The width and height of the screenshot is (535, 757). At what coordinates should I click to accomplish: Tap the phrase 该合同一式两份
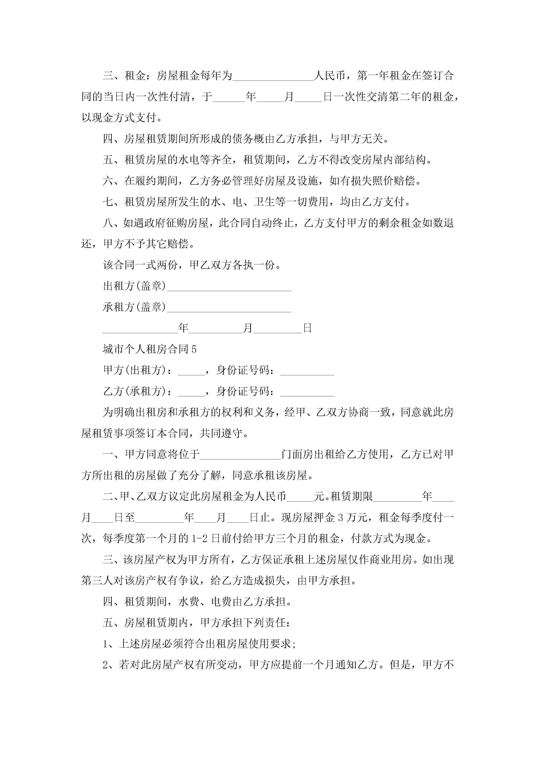click(x=140, y=265)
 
